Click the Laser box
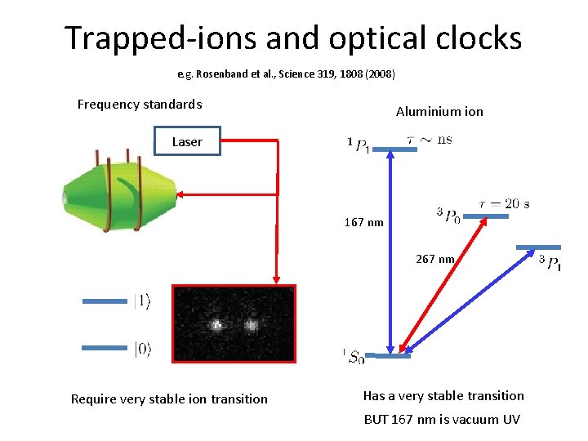click(x=187, y=141)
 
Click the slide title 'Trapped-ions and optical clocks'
click(x=293, y=38)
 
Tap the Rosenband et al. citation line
click(x=287, y=74)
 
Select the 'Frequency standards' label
click(x=140, y=104)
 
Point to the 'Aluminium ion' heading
click(x=439, y=111)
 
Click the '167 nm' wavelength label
click(x=363, y=222)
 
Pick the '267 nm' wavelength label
click(x=435, y=259)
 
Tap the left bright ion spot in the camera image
click(x=217, y=325)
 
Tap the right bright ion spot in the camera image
click(x=251, y=325)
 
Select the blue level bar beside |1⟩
click(x=105, y=301)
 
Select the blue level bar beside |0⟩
click(x=105, y=348)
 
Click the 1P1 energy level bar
click(x=399, y=149)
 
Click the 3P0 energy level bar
click(x=491, y=216)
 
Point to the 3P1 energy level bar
click(x=539, y=247)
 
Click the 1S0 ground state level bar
click(x=389, y=355)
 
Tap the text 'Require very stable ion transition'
click(x=169, y=399)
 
